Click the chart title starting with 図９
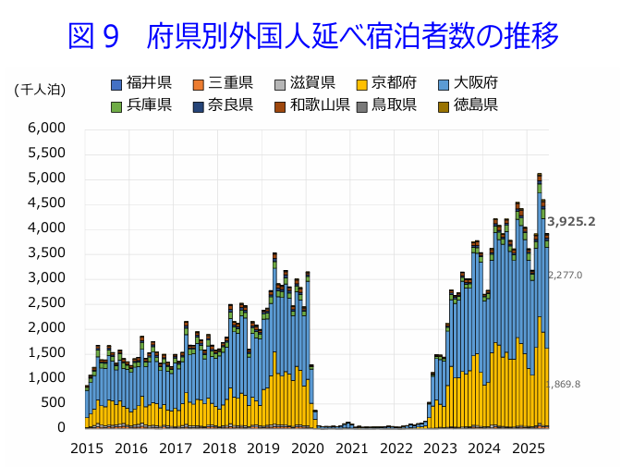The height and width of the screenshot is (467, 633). (x=313, y=37)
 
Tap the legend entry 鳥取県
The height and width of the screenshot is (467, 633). (x=394, y=104)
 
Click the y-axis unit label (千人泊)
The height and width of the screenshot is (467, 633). (x=40, y=89)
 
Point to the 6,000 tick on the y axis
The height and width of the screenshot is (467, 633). (x=47, y=128)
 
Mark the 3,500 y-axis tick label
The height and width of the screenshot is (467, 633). (x=47, y=252)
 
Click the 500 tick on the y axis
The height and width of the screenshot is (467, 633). (x=55, y=402)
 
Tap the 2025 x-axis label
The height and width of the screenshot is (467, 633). (x=530, y=449)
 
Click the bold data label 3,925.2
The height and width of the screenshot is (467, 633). (x=571, y=222)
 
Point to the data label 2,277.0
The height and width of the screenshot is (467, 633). (x=565, y=275)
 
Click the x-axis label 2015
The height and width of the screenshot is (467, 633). (x=87, y=449)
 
